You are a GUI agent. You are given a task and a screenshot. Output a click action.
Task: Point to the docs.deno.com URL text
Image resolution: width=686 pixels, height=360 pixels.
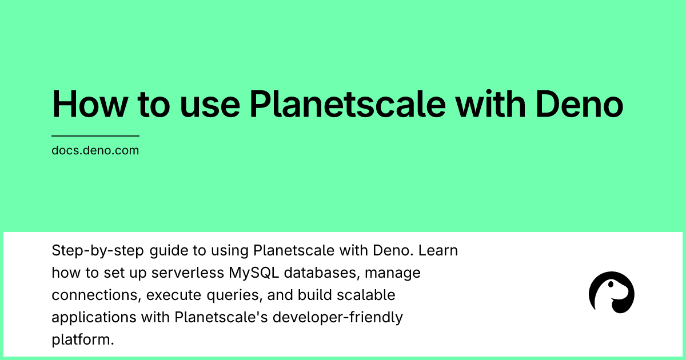click(x=95, y=151)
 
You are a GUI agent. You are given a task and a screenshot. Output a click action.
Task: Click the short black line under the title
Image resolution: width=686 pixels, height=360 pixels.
click(x=95, y=136)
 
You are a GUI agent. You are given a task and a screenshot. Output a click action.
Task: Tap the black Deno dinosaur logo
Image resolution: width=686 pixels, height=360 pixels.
click(x=611, y=293)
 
